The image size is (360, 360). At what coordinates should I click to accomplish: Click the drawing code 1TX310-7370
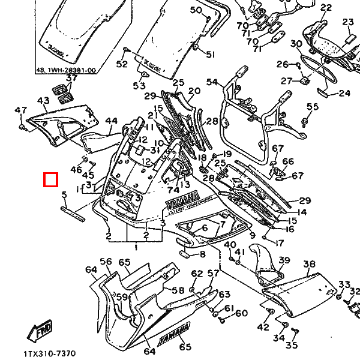coord(50,353)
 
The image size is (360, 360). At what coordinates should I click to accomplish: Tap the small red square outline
coord(51,179)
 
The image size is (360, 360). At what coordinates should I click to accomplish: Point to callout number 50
coord(197,10)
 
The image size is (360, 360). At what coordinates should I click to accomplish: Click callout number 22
coord(326,8)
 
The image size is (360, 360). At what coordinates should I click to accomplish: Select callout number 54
coord(212,82)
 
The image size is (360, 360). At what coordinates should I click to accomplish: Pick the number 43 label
coord(43,101)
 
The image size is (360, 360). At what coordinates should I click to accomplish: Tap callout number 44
coord(112,121)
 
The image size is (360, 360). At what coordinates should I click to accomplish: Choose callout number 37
coord(72,79)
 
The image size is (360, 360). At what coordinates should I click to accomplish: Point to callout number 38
coord(310,264)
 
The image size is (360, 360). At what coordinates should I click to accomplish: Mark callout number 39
coord(284,260)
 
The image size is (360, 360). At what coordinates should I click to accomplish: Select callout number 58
coord(178,290)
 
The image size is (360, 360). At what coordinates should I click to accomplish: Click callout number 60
coord(241,313)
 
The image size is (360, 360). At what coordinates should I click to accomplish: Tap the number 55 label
coord(312,107)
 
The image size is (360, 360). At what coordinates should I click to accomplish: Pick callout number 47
coord(21,110)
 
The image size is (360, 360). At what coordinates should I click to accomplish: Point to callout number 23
coord(349,22)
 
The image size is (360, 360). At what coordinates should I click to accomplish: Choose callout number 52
coord(122,64)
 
